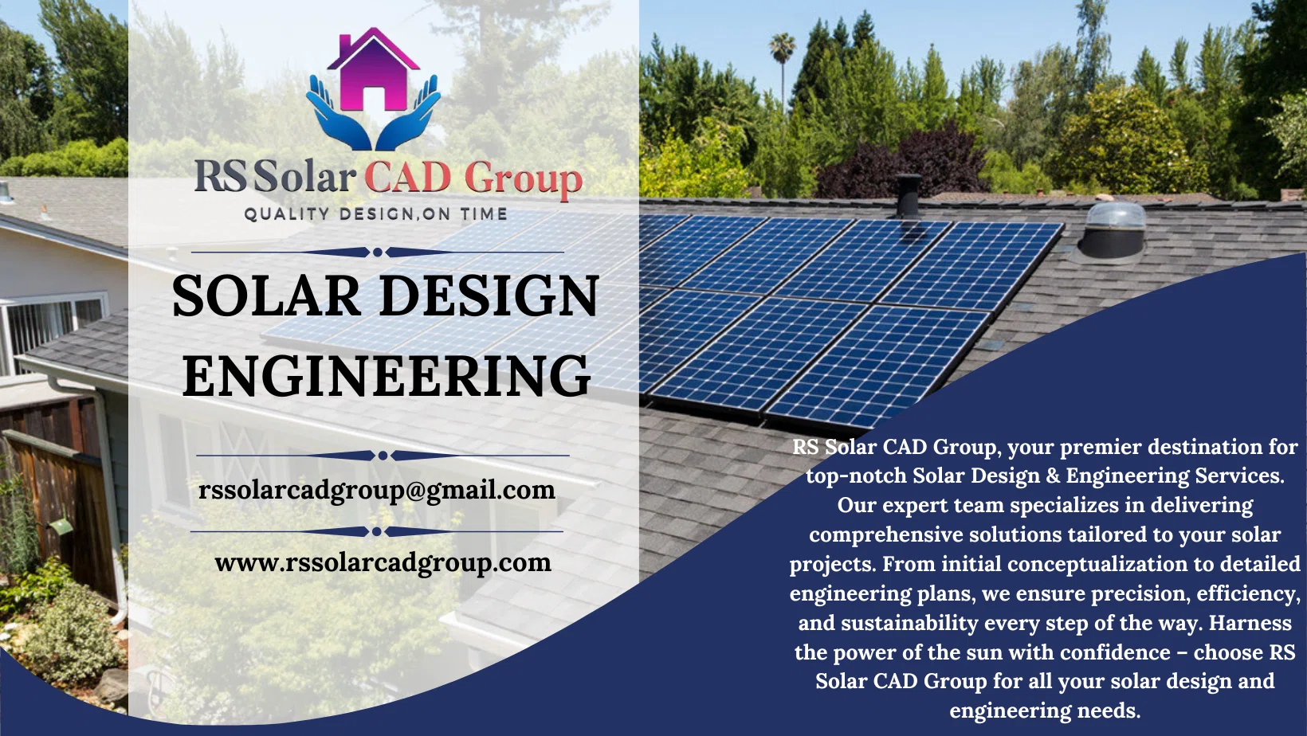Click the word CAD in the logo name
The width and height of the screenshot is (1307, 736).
tap(408, 177)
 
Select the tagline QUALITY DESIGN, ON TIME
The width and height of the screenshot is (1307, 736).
tap(376, 213)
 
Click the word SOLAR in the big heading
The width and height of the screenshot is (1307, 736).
tap(267, 296)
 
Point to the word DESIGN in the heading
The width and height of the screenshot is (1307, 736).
tap(489, 296)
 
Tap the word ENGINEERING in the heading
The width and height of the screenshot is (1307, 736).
tap(387, 376)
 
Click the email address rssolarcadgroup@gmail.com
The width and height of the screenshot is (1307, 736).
tap(377, 489)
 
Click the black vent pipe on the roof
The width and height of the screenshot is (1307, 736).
tap(907, 195)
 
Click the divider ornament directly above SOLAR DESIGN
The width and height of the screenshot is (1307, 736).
tap(377, 253)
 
